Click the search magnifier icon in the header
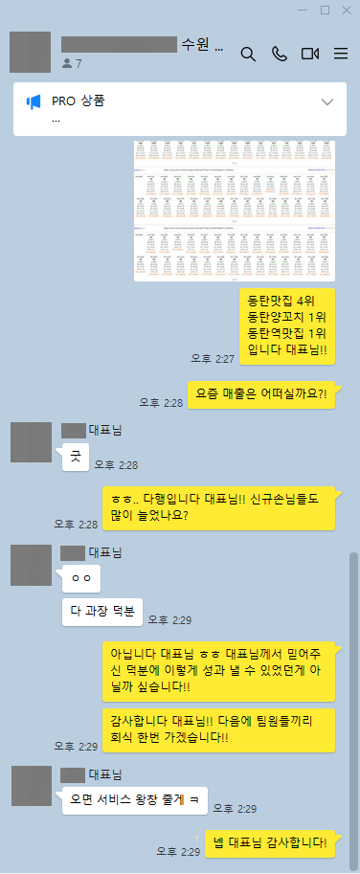248,54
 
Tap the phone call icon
279,54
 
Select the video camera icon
309,54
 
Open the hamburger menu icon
340,54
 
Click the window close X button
345,10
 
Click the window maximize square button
325,10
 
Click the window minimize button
304,10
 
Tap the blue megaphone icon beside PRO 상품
34,101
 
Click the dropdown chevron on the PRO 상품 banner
327,101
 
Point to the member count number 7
79,63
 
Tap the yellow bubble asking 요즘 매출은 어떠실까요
260,392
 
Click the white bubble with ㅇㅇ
80,577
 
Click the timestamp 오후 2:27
212,358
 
